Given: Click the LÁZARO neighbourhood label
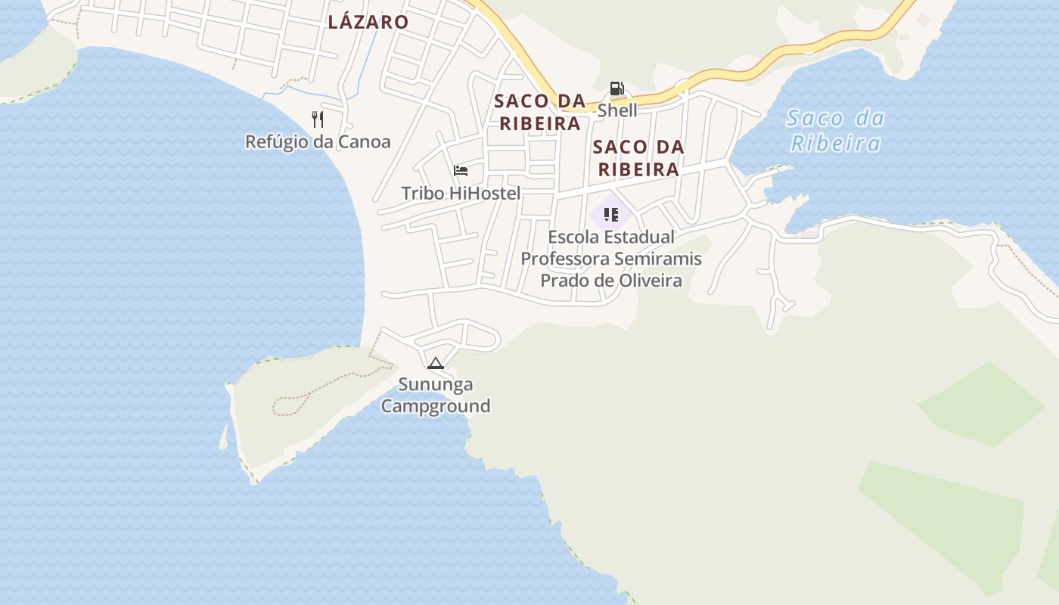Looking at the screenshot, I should coord(368,22).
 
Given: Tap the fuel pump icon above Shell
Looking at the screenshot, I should coord(616,88).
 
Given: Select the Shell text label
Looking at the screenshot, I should coord(617,110).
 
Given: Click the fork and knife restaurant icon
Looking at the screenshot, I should coord(318,119).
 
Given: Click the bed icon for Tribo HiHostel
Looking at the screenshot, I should coord(460,171).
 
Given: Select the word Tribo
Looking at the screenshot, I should coord(423,194).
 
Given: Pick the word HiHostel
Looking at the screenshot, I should coord(485,194).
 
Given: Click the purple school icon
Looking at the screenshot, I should coord(610,215).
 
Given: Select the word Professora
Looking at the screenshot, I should coord(564,259).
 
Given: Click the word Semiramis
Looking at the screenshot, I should coord(657,259).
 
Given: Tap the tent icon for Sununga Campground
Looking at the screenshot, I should coord(435,364).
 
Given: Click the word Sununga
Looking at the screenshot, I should coord(436,385).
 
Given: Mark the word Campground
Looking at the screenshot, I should coord(436,407).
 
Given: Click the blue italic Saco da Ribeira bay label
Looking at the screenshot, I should coord(835,131).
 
